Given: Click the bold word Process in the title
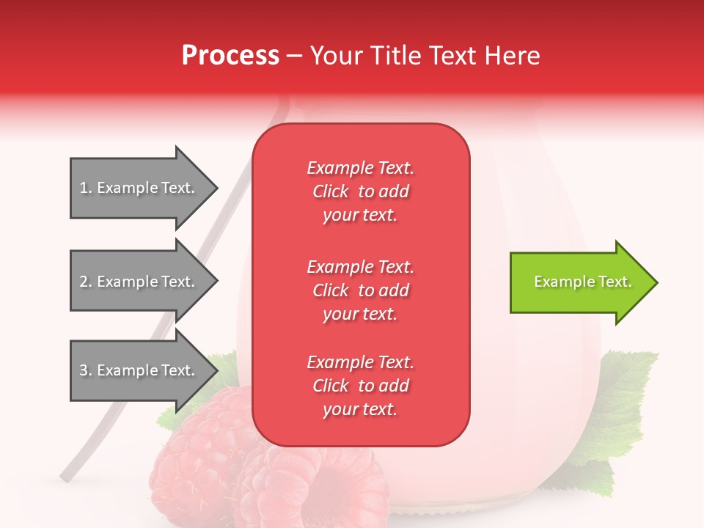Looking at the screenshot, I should pyautogui.click(x=230, y=56).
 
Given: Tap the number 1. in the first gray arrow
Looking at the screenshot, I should pyautogui.click(x=86, y=188).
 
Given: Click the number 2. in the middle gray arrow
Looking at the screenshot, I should pyautogui.click(x=86, y=282).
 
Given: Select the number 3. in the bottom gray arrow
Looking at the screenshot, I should pyautogui.click(x=86, y=370).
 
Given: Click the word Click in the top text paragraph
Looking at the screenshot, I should pyautogui.click(x=331, y=191).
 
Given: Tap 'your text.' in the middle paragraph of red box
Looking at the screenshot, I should pyautogui.click(x=360, y=314).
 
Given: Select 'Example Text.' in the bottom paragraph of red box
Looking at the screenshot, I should pyautogui.click(x=360, y=362).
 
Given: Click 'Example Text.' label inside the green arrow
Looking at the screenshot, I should pyautogui.click(x=583, y=282).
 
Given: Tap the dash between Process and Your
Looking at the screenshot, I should pyautogui.click(x=294, y=56).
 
